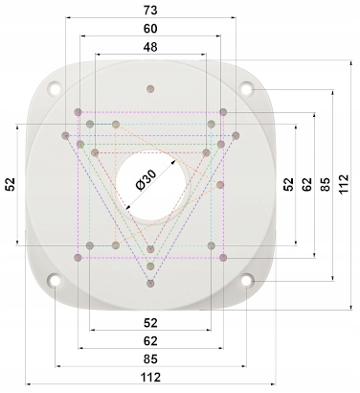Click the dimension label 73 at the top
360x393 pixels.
tap(150, 11)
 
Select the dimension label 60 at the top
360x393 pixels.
tap(150, 29)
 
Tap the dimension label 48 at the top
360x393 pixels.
tap(150, 47)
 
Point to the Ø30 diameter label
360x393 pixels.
tap(146, 180)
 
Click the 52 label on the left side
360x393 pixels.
tap(11, 184)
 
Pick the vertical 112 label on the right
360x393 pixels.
tap(344, 184)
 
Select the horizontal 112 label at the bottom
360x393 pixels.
tap(150, 378)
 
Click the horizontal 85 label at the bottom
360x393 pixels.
tap(150, 359)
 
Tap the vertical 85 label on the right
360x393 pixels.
tap(326, 184)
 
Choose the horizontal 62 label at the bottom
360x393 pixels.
tap(150, 341)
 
